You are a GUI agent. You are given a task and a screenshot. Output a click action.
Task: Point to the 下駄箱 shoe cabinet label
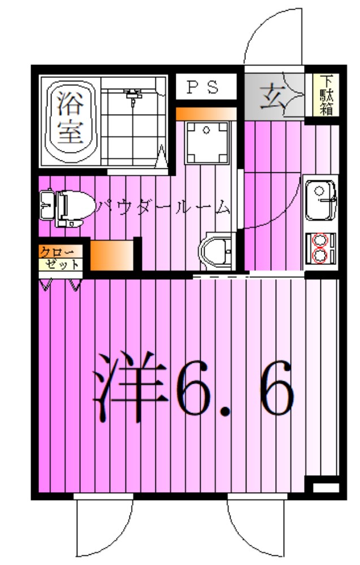[x=326, y=95]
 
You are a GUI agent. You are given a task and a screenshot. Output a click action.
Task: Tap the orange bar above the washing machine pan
[x=205, y=114]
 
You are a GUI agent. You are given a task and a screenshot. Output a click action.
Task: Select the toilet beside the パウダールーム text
[x=67, y=207]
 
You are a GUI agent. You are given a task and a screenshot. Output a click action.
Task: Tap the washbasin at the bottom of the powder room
[x=215, y=248]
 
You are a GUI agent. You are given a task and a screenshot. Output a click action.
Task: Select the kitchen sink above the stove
[x=321, y=199]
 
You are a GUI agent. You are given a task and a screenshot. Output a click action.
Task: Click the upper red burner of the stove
[x=320, y=240]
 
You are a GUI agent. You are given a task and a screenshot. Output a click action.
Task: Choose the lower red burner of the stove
[x=320, y=257]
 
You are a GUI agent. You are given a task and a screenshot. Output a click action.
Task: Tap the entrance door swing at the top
[x=274, y=40]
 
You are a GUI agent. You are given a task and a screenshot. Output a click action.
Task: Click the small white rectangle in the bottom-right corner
[x=324, y=486]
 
